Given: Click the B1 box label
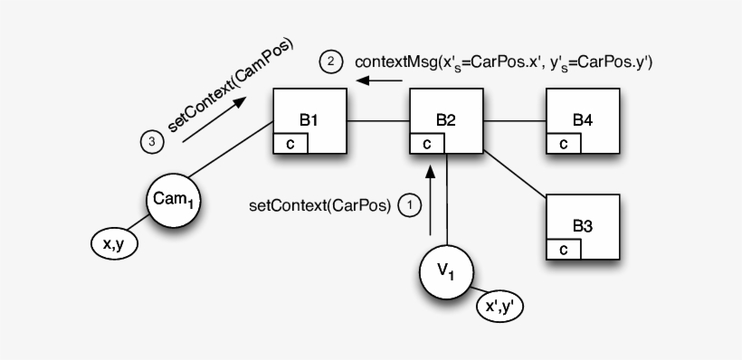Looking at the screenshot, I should click(309, 118).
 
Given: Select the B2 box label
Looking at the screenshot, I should click(445, 118).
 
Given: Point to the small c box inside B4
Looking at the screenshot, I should click(563, 143).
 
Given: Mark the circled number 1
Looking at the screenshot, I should click(410, 206).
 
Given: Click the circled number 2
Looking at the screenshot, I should click(331, 62).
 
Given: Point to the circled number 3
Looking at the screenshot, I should click(151, 142).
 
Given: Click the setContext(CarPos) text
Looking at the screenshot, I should click(319, 206).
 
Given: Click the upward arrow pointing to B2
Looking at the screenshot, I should click(431, 199).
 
